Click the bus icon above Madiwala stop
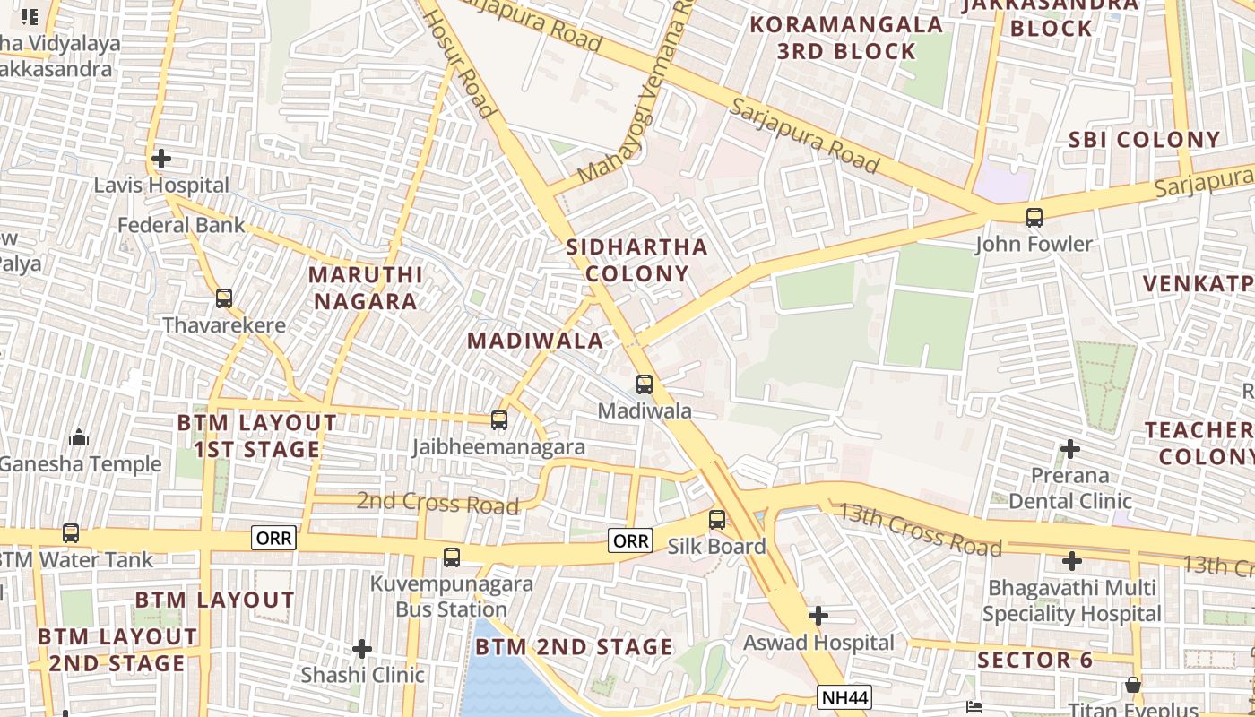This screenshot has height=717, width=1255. click(644, 384)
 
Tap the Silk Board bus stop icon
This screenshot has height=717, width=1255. click(716, 519)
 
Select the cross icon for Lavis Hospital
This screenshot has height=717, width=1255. click(161, 159)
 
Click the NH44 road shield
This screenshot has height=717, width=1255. click(844, 697)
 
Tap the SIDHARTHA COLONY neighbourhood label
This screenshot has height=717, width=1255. click(636, 260)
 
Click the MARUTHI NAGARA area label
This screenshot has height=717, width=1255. click(365, 288)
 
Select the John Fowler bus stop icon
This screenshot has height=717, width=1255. click(1034, 217)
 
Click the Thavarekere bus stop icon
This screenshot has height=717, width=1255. click(223, 298)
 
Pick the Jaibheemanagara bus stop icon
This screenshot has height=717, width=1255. click(499, 419)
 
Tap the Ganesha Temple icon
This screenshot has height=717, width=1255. click(79, 437)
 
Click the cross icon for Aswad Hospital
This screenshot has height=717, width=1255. click(818, 616)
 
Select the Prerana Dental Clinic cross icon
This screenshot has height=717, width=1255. click(1069, 448)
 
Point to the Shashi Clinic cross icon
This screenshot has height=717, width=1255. click(362, 648)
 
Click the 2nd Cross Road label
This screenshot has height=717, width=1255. click(437, 503)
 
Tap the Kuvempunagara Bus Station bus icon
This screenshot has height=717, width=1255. click(452, 557)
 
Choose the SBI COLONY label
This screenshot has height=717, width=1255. click(1144, 140)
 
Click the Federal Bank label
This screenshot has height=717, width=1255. click(181, 224)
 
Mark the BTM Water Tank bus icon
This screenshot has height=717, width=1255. click(70, 533)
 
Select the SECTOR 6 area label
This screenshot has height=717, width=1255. click(1035, 661)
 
